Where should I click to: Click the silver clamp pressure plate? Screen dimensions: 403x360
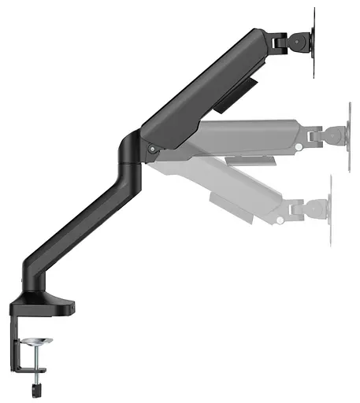point(38,342)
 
